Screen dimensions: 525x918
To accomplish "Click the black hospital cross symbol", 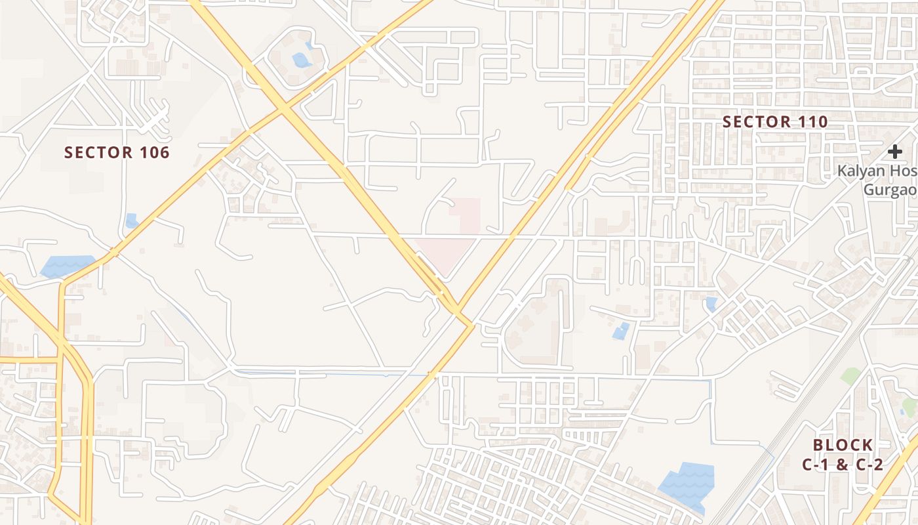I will tap(895, 152).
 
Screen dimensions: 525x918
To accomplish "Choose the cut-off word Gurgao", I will tap(889, 190).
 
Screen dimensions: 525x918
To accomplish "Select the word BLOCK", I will tap(843, 445).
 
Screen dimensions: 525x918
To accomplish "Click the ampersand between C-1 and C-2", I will tap(843, 465).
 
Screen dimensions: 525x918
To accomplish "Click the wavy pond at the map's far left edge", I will tap(67, 266).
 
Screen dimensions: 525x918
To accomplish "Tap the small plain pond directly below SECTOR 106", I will tap(131, 220).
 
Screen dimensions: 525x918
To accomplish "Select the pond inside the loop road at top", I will tap(302, 60).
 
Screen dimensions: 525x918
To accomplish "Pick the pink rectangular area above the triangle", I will tap(466, 215).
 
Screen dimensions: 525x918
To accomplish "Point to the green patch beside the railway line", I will tap(850, 376).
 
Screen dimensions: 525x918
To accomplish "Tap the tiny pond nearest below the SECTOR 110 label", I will tap(711, 304).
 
